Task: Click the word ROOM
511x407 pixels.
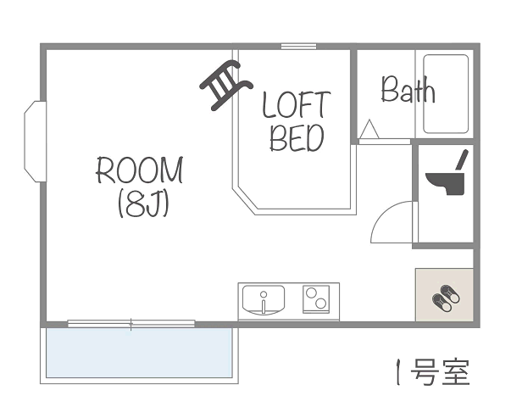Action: pos(140,170)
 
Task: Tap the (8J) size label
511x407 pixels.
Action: pos(143,204)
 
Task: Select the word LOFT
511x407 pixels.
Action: pos(297,104)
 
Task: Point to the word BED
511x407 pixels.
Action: pos(297,138)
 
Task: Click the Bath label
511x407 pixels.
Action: pos(408,89)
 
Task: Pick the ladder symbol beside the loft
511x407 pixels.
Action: pos(226,85)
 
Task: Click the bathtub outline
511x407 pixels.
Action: pos(446,94)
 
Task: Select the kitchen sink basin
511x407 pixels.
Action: pos(264,300)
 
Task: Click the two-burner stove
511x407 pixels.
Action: pos(316,299)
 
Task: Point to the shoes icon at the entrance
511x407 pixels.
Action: pos(446,298)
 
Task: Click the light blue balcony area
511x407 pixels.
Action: pos(139,353)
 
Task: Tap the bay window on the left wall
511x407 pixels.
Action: pos(36,142)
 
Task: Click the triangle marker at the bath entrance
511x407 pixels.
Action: pos(369,129)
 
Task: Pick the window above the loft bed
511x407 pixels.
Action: pos(298,47)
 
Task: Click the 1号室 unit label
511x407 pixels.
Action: pos(432,371)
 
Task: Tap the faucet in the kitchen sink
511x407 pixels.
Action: pos(264,303)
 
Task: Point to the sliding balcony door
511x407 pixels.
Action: pos(131,324)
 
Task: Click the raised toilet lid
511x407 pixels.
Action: pos(462,159)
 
